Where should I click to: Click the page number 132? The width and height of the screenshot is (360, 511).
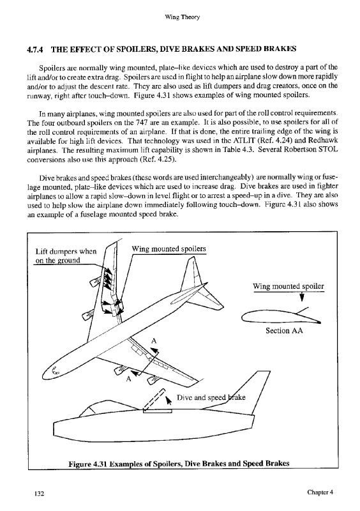39,493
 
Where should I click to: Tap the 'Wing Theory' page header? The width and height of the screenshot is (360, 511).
182,17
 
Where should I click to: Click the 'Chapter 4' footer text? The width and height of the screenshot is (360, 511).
320,492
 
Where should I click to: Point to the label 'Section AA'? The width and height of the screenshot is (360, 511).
284,331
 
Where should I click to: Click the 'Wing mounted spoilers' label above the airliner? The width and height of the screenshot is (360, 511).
169,249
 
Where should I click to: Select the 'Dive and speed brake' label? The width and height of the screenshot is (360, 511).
211,397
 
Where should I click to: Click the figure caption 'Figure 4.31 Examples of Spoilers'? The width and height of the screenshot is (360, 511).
179,464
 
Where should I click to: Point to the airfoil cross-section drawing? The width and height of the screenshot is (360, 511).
281,317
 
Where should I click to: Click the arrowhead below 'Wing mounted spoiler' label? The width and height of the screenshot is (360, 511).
302,298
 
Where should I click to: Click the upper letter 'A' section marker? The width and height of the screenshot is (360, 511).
154,341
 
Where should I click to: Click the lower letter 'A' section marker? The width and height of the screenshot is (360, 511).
128,379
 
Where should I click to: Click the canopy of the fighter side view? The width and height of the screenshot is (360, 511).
93,409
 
